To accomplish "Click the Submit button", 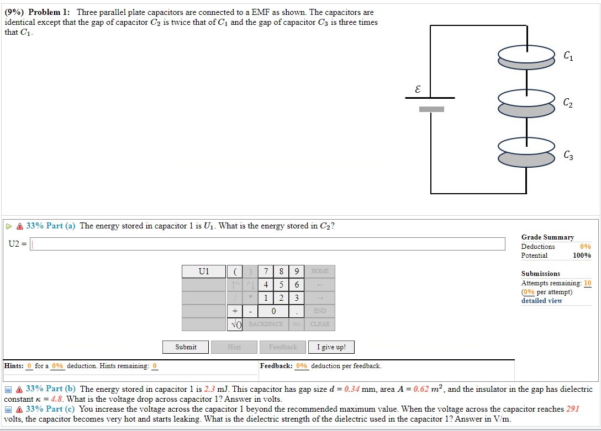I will (x=186, y=347).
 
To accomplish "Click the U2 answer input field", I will (x=267, y=244).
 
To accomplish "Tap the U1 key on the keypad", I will (x=204, y=271).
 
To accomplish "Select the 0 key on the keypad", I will (x=273, y=311).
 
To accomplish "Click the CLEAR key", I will (x=320, y=324).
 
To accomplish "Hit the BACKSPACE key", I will (x=266, y=324).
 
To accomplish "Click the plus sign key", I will (x=235, y=311).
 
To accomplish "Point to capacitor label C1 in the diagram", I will (x=568, y=55).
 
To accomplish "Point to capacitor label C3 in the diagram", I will (x=568, y=156).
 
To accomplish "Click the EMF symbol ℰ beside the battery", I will (x=418, y=88).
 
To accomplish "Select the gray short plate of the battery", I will (x=431, y=109).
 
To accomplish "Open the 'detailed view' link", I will (x=541, y=301).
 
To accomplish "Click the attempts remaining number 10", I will (x=587, y=283).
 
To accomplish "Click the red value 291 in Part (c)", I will (x=573, y=409).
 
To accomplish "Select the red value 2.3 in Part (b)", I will (x=210, y=389).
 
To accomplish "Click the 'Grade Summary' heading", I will (x=547, y=237).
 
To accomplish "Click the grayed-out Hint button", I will (x=234, y=347).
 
